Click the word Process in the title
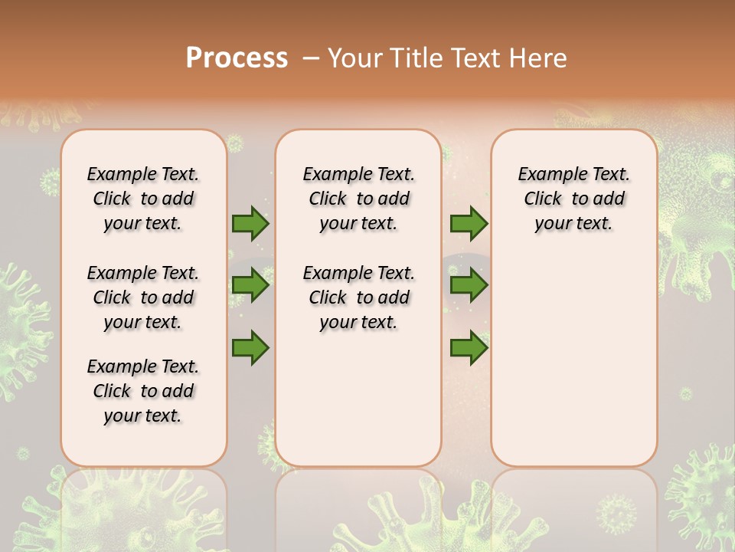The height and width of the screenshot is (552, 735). pos(237,58)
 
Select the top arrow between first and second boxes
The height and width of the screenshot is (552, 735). pos(250,224)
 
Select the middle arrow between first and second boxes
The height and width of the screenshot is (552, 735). pos(250,286)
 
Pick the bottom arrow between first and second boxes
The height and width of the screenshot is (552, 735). pos(250,348)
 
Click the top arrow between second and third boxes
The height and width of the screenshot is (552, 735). pos(469,224)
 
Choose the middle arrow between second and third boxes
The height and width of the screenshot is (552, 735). pos(469,286)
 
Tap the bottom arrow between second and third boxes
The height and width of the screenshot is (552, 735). pos(469,348)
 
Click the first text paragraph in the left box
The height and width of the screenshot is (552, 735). pos(143,199)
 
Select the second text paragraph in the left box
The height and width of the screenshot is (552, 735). pos(143,297)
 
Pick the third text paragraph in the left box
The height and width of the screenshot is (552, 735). pos(143,391)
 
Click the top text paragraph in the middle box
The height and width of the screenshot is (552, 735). pos(358,199)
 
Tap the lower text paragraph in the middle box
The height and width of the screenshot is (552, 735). pos(358,297)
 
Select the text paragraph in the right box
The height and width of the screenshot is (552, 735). pos(573,199)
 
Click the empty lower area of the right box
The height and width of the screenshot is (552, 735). pos(573,360)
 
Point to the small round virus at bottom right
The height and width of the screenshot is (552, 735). pos(616,511)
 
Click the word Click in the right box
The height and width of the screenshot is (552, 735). pos(543,199)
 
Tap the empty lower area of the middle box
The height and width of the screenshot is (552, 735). pos(358,399)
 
